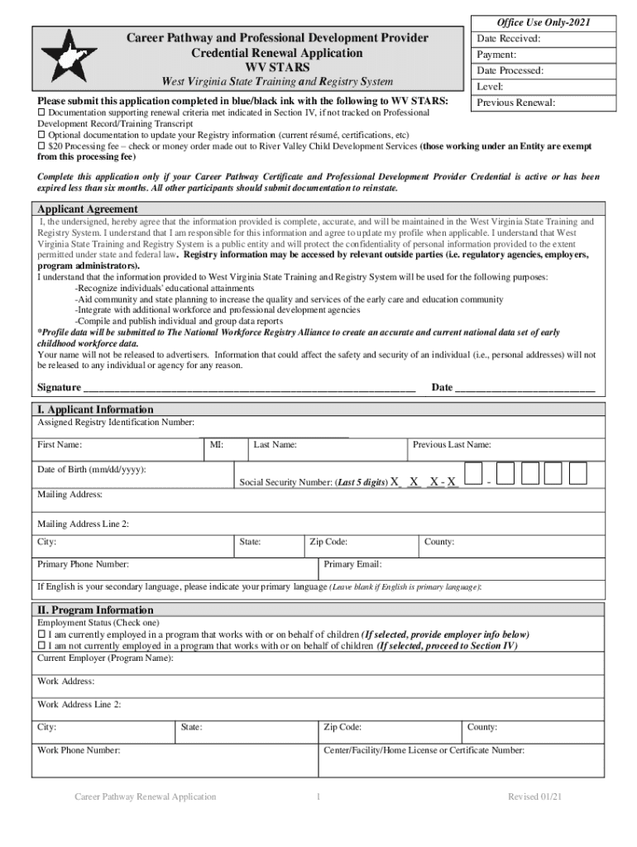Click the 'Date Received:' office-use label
click(509, 39)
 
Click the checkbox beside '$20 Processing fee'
click(42, 146)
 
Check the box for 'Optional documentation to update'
click(42, 135)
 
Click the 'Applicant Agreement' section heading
click(88, 209)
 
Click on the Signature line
click(248, 388)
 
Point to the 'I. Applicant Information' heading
click(95, 409)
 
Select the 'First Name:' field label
click(59, 445)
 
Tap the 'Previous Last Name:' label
click(452, 445)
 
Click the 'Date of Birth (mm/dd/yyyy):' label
click(92, 469)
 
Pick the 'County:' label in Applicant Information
click(438, 542)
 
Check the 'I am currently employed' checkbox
click(42, 634)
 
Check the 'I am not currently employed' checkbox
click(42, 646)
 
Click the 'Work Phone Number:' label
click(79, 750)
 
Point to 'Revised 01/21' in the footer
click(535, 797)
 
